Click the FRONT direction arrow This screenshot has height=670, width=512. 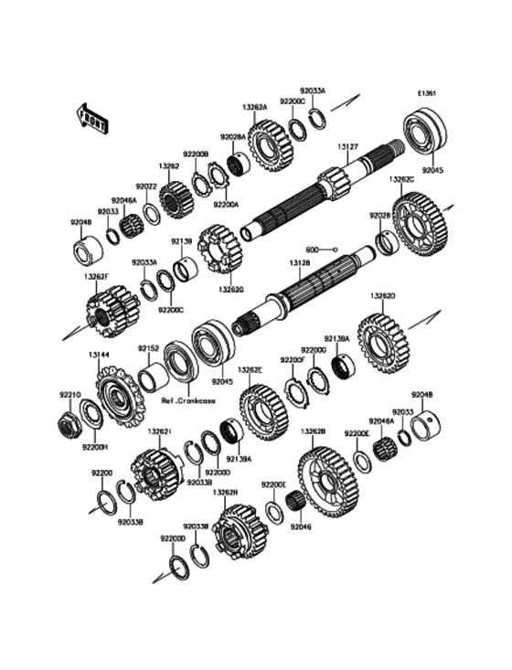click(x=92, y=116)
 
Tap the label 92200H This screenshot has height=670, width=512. click(x=95, y=447)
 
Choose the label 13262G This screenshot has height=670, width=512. click(x=229, y=289)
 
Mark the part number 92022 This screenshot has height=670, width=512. click(x=147, y=186)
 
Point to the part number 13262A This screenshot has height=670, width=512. click(x=254, y=107)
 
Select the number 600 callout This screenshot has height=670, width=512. click(x=311, y=249)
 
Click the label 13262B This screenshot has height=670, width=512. click(x=313, y=431)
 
